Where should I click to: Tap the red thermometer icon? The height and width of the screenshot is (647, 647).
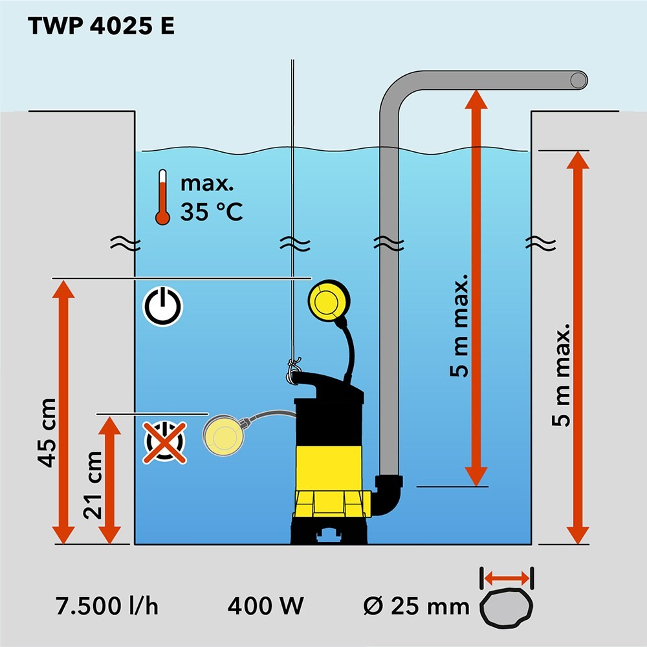[162, 197]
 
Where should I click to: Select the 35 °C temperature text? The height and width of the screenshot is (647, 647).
[211, 212]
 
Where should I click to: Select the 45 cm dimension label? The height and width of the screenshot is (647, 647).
[47, 432]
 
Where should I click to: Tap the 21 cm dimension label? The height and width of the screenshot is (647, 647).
[94, 485]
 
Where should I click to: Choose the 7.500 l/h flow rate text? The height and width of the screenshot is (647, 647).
[107, 607]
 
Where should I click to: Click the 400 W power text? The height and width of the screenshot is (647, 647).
[265, 607]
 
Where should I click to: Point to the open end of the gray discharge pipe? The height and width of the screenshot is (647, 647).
[579, 80]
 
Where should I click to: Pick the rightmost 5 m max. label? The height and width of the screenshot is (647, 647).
[564, 375]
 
